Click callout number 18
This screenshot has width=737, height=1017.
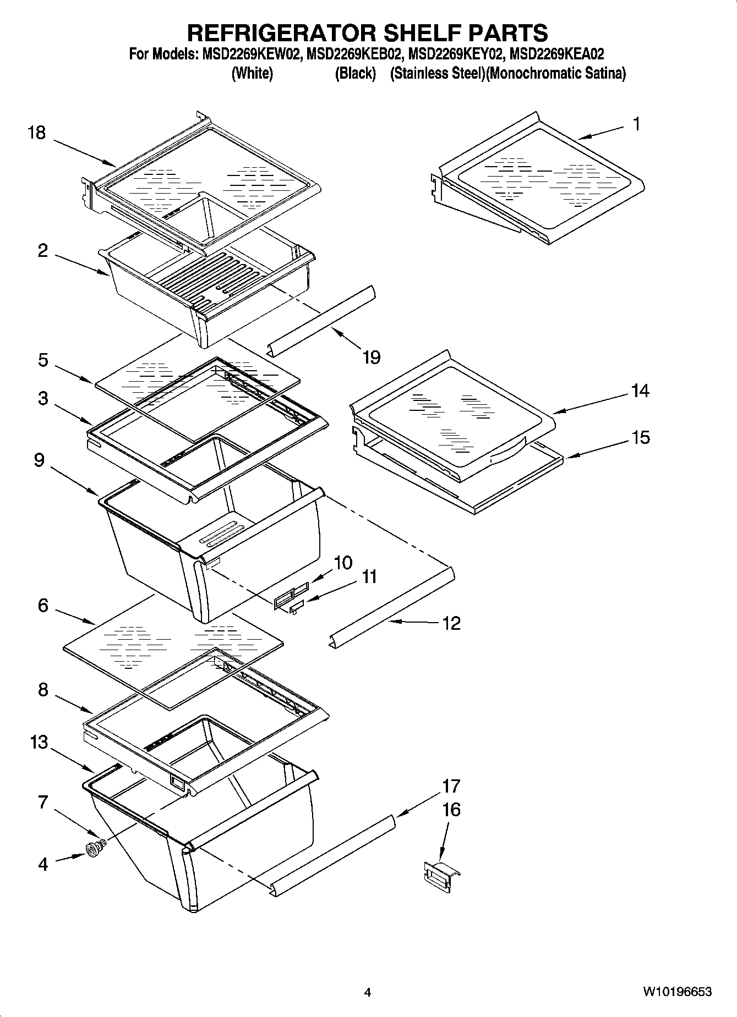click(37, 133)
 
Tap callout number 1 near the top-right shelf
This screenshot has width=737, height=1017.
click(636, 124)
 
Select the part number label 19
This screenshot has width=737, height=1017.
click(372, 358)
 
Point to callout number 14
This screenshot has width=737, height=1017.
click(640, 391)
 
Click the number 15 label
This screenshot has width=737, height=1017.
click(640, 438)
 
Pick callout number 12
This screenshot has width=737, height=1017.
click(451, 623)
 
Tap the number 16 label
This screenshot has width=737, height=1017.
click(451, 810)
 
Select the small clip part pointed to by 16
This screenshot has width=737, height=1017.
click(440, 875)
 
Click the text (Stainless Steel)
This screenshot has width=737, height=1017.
click(437, 73)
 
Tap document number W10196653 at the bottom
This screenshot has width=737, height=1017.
click(676, 992)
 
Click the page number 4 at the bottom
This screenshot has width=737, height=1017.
click(368, 993)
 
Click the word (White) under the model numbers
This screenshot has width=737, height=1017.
click(252, 73)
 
